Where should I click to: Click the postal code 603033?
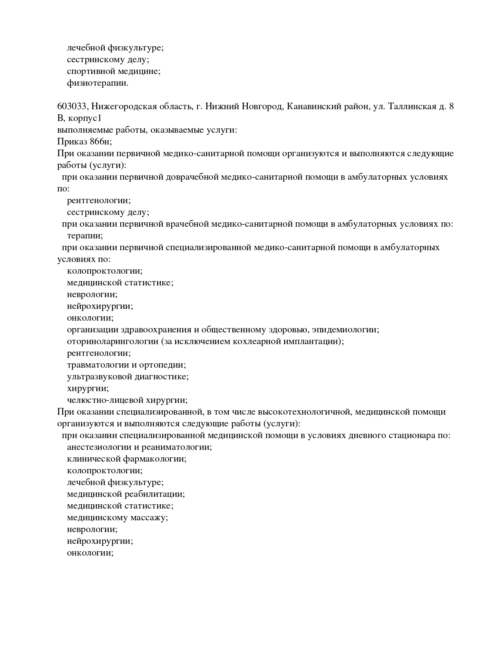click(x=72, y=106)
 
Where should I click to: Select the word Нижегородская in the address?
click(x=123, y=106)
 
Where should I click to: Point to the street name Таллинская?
click(x=412, y=106)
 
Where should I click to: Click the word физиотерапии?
click(x=97, y=83)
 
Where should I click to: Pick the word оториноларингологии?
click(x=112, y=341)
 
